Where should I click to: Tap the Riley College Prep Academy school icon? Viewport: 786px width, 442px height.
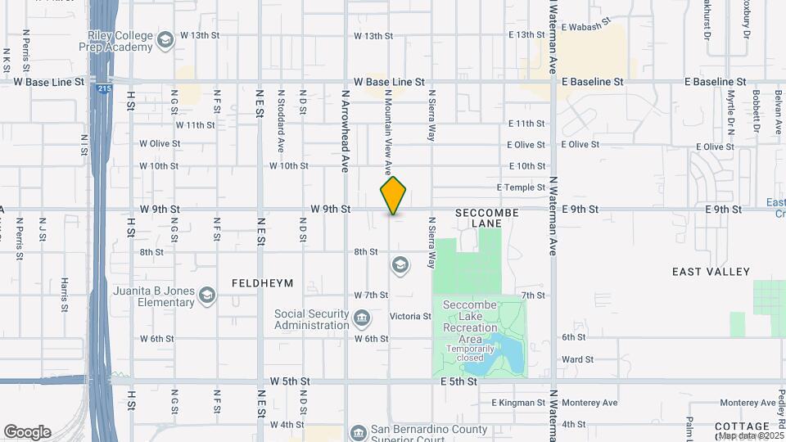tap(167, 40)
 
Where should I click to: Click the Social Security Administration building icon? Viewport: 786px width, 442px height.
tap(362, 317)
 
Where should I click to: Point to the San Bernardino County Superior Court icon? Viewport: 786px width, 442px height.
tap(357, 432)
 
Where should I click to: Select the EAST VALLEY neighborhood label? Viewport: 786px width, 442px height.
tap(711, 271)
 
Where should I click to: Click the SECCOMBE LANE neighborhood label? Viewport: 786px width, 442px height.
tap(486, 217)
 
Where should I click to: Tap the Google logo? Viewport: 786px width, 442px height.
tap(28, 432)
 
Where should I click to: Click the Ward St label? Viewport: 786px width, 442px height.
tap(578, 359)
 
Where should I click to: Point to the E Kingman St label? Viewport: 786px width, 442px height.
tap(518, 403)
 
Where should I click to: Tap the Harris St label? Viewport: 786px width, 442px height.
tap(64, 295)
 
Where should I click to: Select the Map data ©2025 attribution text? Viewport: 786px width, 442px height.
tap(751, 435)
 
